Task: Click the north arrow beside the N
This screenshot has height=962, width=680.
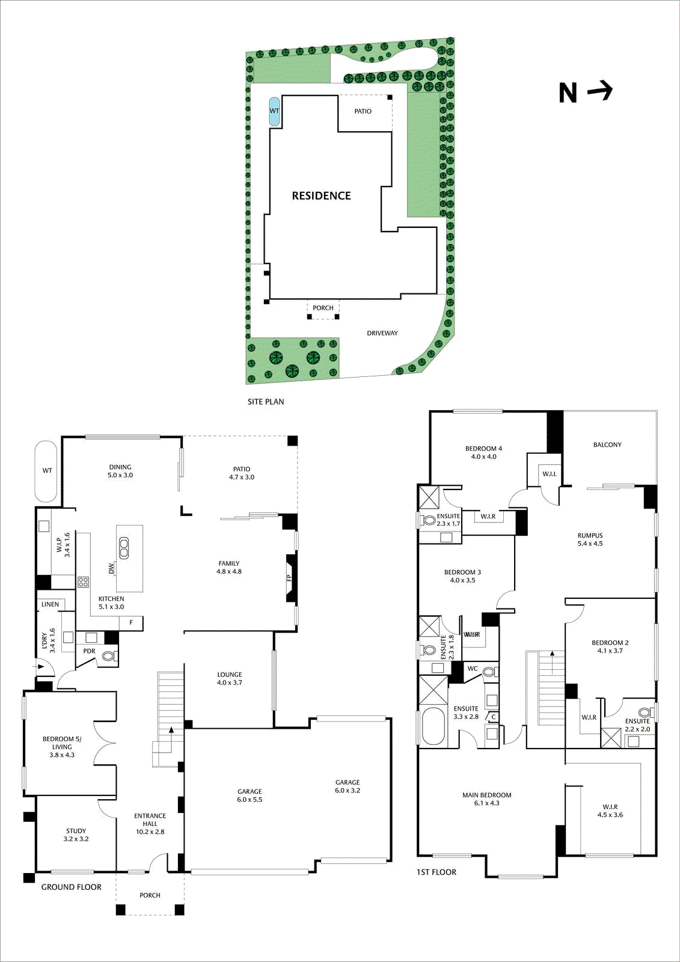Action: (x=600, y=91)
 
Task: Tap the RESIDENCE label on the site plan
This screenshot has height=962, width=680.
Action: (x=321, y=195)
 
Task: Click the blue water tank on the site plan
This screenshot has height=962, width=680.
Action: (x=274, y=111)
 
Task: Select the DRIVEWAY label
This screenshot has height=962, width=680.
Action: (x=382, y=333)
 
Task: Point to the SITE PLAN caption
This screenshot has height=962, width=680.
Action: (x=266, y=402)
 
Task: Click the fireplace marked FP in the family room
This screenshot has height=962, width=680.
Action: (x=290, y=578)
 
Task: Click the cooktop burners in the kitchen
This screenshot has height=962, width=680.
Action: (x=83, y=581)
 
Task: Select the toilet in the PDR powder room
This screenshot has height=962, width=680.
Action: (x=109, y=656)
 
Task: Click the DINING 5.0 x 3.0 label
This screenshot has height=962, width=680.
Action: (x=120, y=471)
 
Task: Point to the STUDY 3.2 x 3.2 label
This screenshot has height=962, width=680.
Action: (x=76, y=835)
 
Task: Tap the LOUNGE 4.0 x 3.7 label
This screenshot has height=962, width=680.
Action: (x=230, y=678)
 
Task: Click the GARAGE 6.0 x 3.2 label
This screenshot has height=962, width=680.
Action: (x=348, y=786)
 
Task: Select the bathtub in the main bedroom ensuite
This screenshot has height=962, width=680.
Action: (x=433, y=726)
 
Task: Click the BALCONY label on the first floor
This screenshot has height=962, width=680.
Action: (x=607, y=445)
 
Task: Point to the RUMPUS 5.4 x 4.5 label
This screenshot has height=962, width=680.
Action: (x=590, y=539)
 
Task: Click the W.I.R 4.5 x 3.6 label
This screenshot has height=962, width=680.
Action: (x=610, y=811)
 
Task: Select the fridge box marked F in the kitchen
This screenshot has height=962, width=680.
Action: (x=131, y=623)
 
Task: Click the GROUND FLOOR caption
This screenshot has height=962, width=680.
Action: (x=71, y=887)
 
